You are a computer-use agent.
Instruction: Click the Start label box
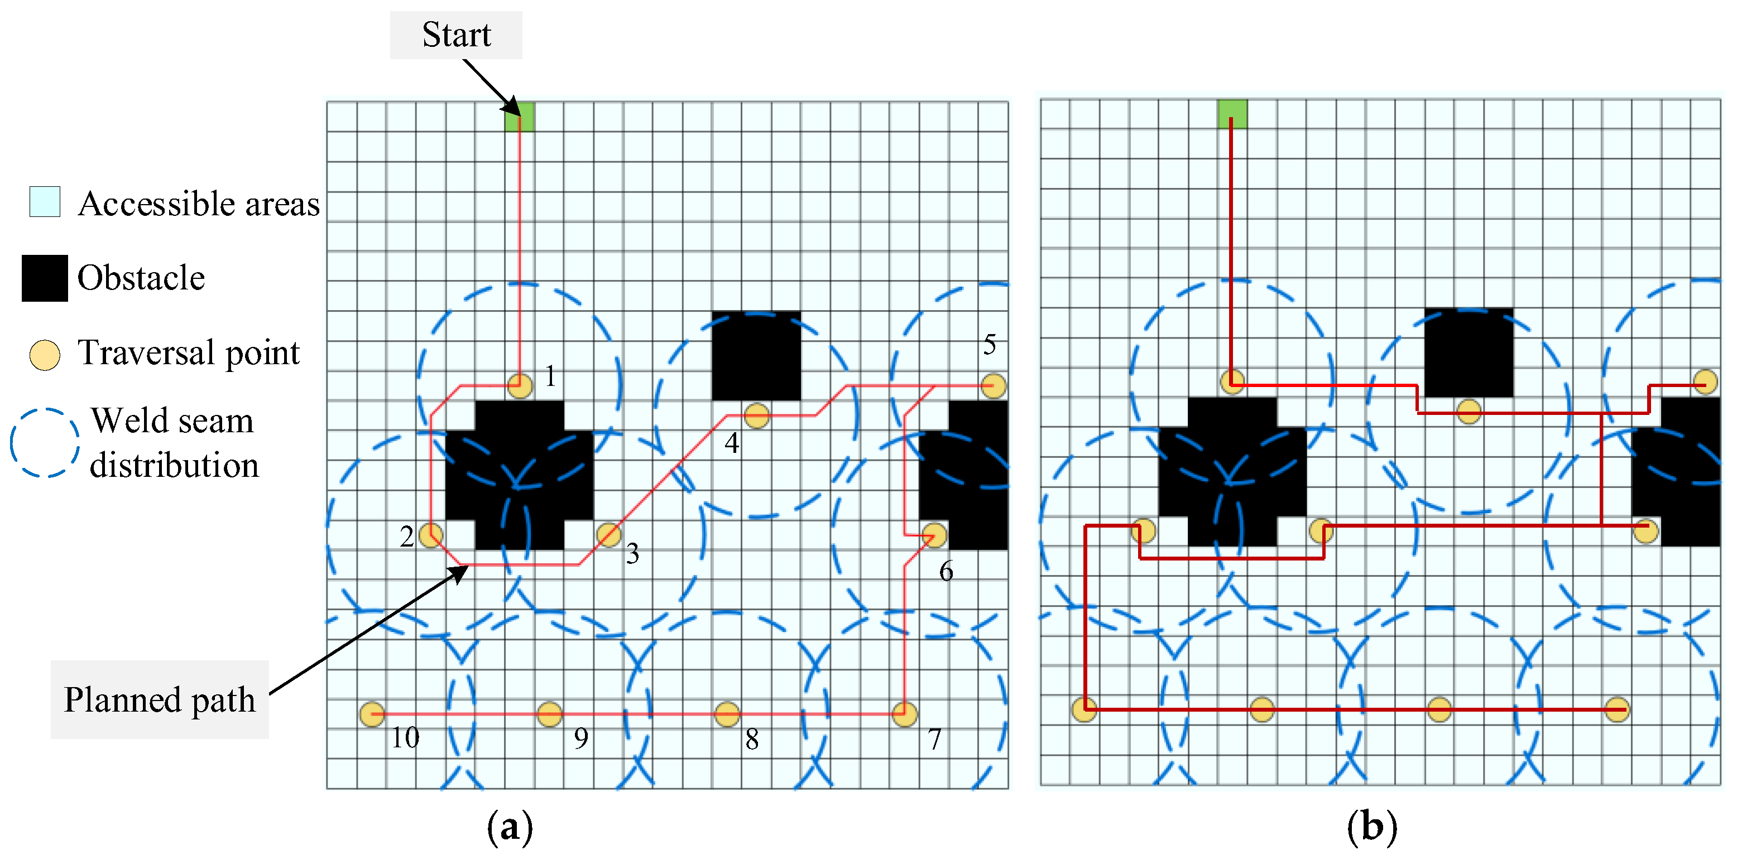pyautogui.click(x=456, y=35)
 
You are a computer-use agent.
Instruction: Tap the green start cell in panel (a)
pyautogui.click(x=519, y=117)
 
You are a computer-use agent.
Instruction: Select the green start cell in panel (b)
pyautogui.click(x=1232, y=114)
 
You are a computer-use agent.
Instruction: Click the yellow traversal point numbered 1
pyautogui.click(x=519, y=386)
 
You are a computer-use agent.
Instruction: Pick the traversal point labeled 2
pyautogui.click(x=431, y=536)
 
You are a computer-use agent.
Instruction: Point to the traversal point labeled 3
pyautogui.click(x=608, y=536)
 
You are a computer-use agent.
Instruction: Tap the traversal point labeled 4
pyautogui.click(x=756, y=416)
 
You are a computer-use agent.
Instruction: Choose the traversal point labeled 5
pyautogui.click(x=993, y=386)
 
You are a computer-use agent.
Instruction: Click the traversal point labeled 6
pyautogui.click(x=934, y=536)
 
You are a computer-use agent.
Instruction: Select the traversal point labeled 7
pyautogui.click(x=904, y=714)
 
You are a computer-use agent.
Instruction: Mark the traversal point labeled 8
pyautogui.click(x=727, y=714)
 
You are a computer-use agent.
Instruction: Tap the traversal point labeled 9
pyautogui.click(x=550, y=714)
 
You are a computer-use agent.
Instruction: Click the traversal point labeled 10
pyautogui.click(x=372, y=714)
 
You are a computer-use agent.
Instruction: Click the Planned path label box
pyautogui.click(x=160, y=699)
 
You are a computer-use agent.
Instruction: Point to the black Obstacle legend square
pyautogui.click(x=45, y=278)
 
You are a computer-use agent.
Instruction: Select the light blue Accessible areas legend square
pyautogui.click(x=45, y=201)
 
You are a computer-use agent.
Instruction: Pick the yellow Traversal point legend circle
pyautogui.click(x=45, y=355)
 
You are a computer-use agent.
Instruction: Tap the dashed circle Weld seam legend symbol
pyautogui.click(x=45, y=443)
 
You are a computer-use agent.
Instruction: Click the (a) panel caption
pyautogui.click(x=510, y=827)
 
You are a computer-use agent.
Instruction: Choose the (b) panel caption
pyautogui.click(x=1371, y=827)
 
